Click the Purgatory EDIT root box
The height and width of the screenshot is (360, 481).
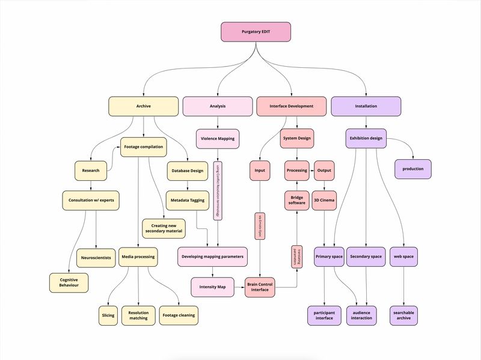256,32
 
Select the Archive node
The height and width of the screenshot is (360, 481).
143,106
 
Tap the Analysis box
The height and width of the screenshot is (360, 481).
218,106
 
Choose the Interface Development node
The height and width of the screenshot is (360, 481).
292,106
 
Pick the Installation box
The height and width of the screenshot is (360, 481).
366,106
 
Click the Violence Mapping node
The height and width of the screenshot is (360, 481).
218,139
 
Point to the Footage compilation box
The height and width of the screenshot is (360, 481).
143,147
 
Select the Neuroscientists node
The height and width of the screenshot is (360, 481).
96,258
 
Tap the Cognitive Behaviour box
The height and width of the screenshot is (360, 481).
69,283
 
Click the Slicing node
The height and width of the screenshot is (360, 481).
108,315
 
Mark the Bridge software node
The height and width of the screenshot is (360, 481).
297,200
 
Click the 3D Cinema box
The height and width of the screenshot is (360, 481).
325,200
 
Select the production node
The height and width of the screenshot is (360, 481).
414,169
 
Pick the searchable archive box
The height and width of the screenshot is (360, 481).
404,315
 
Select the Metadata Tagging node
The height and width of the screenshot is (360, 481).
187,200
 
